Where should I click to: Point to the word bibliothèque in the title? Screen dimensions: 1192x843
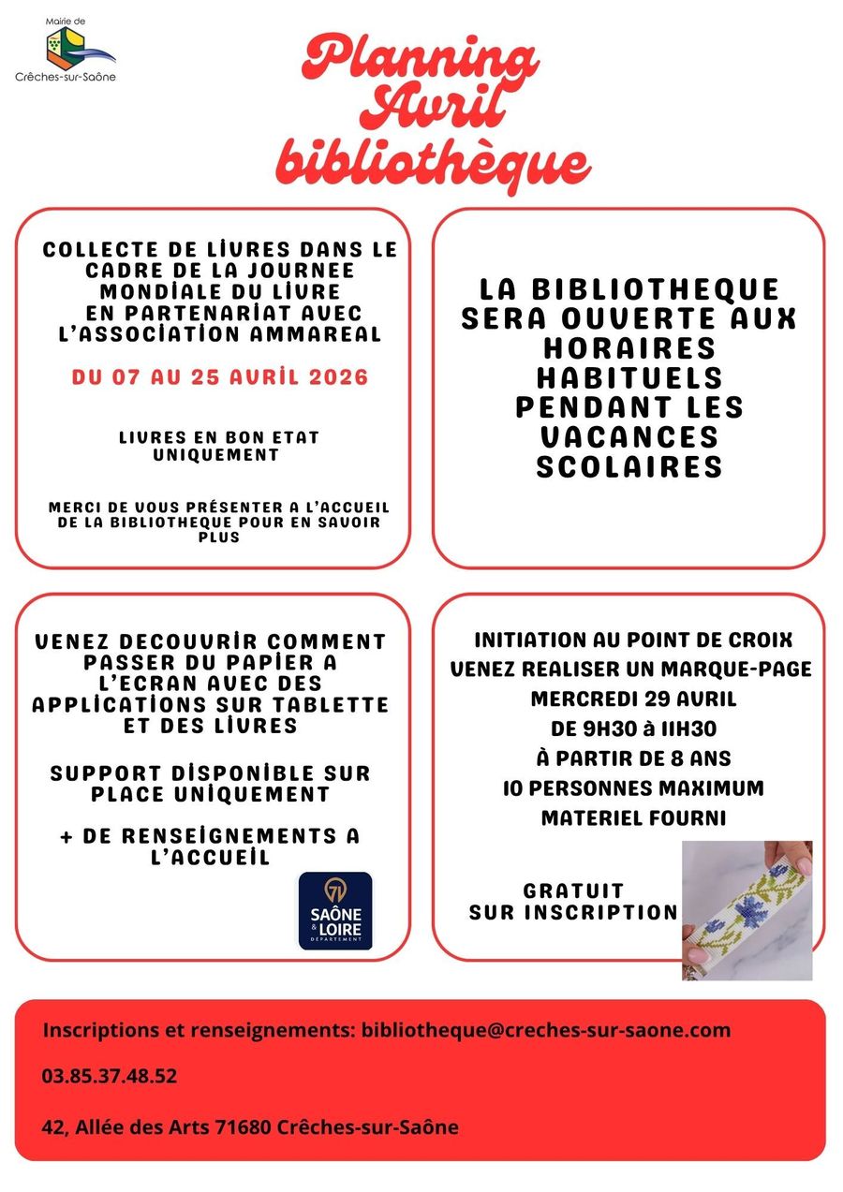tap(433, 161)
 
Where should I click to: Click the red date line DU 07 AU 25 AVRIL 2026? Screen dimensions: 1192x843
tap(220, 377)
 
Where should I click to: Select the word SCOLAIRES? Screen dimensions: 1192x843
tap(629, 466)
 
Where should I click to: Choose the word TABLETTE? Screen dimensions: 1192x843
tap(329, 703)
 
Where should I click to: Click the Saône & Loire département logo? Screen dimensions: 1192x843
tap(335, 911)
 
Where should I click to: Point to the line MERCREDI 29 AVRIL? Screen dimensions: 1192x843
tap(633, 699)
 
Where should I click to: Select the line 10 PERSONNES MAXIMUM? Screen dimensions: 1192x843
tap(633, 787)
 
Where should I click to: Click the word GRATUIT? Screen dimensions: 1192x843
tap(573, 890)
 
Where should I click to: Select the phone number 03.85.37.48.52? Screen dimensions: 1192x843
tap(110, 1076)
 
